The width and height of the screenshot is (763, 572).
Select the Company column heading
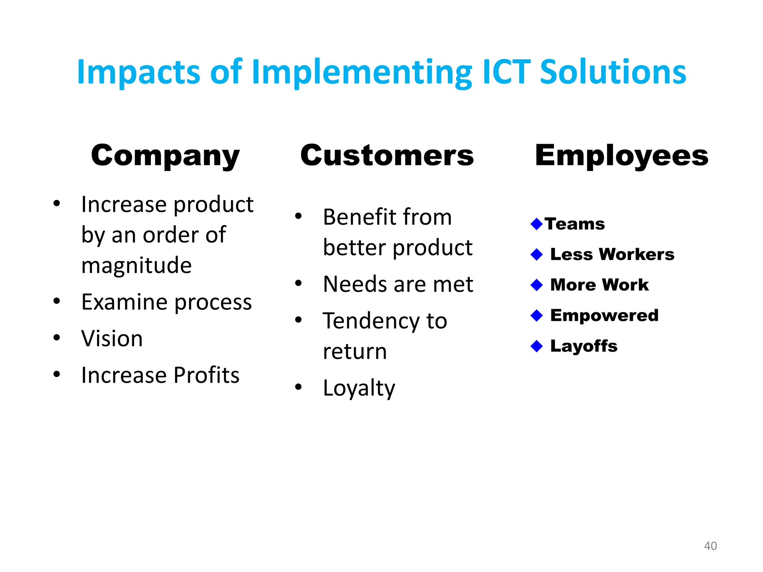(x=165, y=155)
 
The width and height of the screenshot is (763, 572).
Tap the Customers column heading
(x=387, y=155)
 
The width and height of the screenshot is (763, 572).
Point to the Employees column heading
(x=621, y=155)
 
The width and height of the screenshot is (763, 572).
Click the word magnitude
(x=136, y=266)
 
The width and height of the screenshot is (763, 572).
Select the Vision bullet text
(x=112, y=339)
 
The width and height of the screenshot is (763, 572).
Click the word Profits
(x=206, y=375)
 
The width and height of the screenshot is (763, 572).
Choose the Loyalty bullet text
(x=359, y=388)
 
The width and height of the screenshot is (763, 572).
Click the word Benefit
(x=359, y=217)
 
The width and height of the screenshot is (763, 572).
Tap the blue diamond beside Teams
(x=536, y=224)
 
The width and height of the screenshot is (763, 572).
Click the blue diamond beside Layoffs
(x=536, y=346)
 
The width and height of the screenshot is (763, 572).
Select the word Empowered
(x=604, y=315)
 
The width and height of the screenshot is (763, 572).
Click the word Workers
(x=637, y=254)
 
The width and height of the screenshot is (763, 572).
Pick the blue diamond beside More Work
(x=536, y=285)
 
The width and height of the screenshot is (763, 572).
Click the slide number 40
(x=710, y=546)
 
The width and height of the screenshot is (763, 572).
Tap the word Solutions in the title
(x=612, y=71)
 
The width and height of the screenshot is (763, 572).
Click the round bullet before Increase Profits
(x=57, y=374)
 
